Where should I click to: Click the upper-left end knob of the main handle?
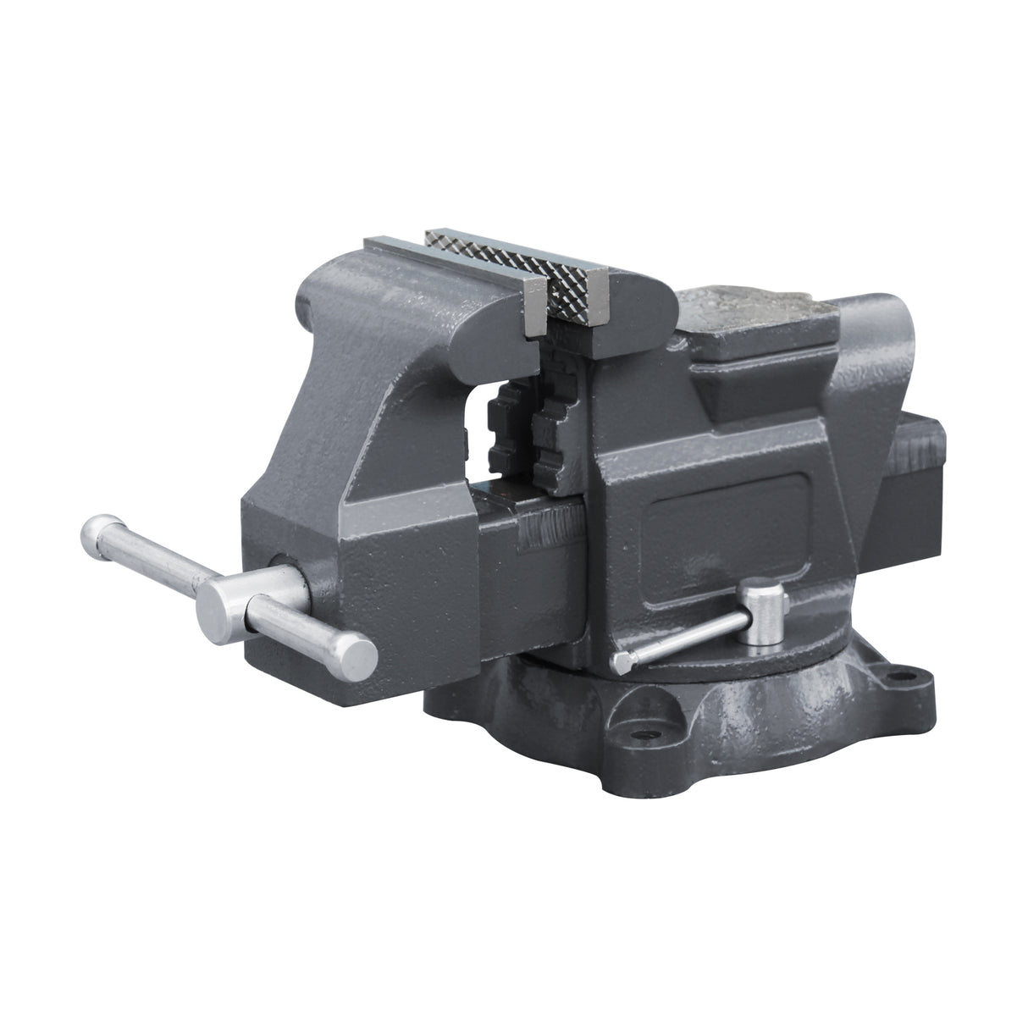[x=97, y=532]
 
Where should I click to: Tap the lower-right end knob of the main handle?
[x=353, y=654]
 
